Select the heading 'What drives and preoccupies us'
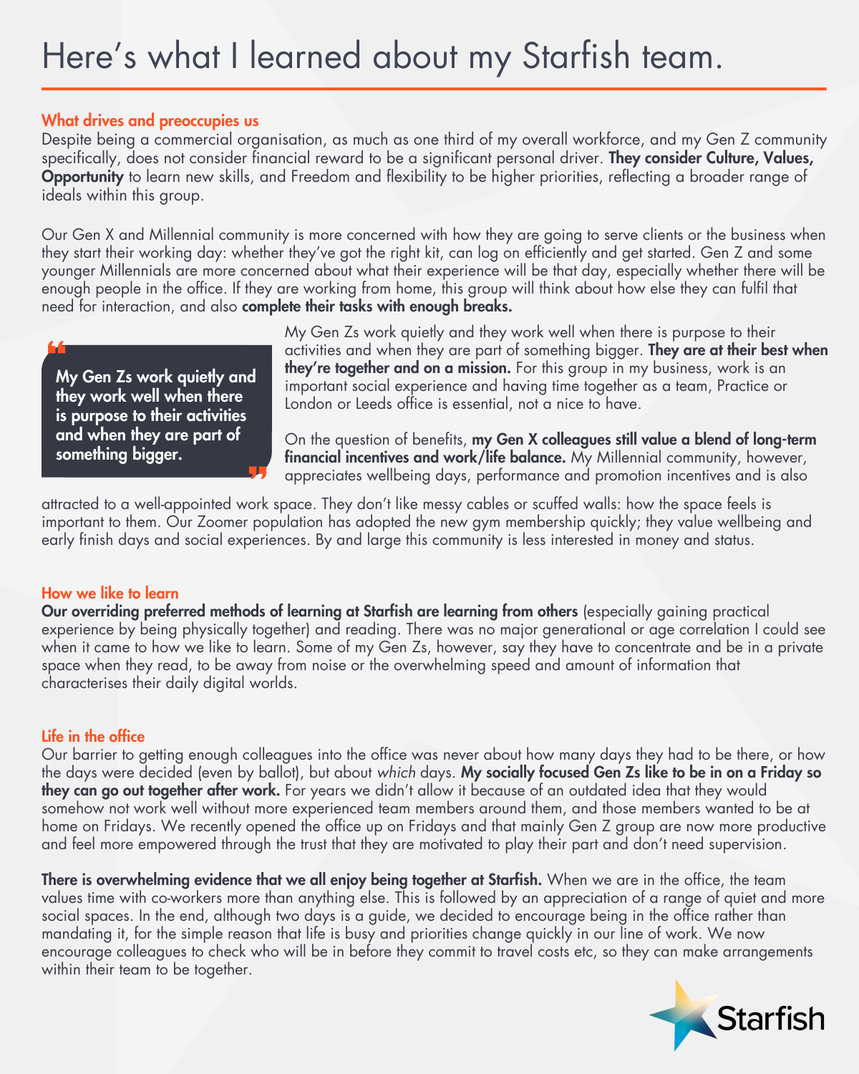[150, 120]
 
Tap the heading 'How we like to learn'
[110, 593]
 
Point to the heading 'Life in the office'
[93, 736]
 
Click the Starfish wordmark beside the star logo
[770, 1018]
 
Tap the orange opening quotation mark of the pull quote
[57, 348]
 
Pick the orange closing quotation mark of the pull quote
[257, 472]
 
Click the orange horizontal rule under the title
[434, 89]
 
